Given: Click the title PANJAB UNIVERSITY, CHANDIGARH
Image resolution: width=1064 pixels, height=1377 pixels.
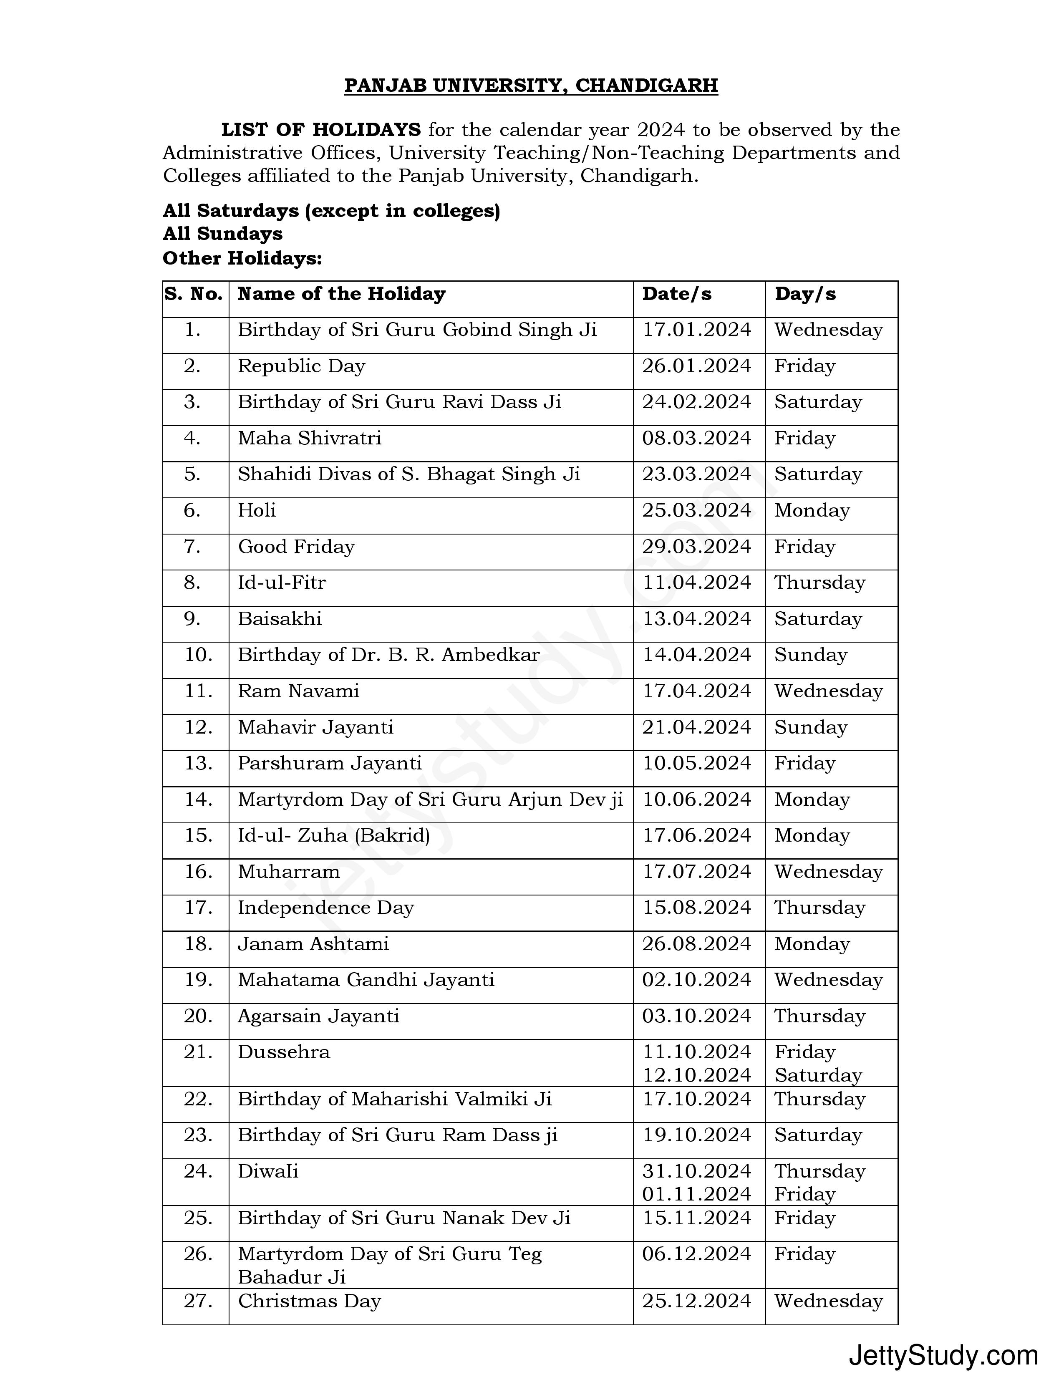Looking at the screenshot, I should tap(531, 85).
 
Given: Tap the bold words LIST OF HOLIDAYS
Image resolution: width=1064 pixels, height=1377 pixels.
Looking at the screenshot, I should tap(320, 130).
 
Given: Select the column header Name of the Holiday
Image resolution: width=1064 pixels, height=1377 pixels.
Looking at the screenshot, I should tap(341, 294).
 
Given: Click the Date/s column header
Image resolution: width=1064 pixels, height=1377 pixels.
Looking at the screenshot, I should tap(676, 294).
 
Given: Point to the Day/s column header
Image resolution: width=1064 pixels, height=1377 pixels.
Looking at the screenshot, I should tap(805, 294).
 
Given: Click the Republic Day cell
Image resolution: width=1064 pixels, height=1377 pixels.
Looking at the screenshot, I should tap(301, 366).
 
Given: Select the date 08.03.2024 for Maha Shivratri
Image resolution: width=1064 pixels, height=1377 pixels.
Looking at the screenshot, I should tap(696, 438).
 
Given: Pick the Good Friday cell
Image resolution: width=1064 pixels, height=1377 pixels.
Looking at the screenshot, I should tap(296, 547).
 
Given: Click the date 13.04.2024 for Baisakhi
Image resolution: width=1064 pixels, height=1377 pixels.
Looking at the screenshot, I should tap(696, 619).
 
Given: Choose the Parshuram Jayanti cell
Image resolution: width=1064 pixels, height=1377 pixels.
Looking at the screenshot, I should tap(330, 764).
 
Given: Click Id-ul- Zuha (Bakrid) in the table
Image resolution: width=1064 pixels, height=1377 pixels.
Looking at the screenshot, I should tap(333, 836).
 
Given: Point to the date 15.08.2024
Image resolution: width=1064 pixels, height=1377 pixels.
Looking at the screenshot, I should tap(696, 908).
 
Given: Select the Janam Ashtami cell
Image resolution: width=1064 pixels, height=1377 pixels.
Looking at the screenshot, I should tap(313, 944).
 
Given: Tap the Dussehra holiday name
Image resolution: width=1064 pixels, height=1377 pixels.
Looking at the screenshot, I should tap(284, 1052).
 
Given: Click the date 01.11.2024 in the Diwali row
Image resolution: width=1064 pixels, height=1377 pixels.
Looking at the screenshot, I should tap(696, 1194).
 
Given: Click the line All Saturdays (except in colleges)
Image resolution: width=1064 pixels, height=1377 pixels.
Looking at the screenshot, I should tap(332, 211).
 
